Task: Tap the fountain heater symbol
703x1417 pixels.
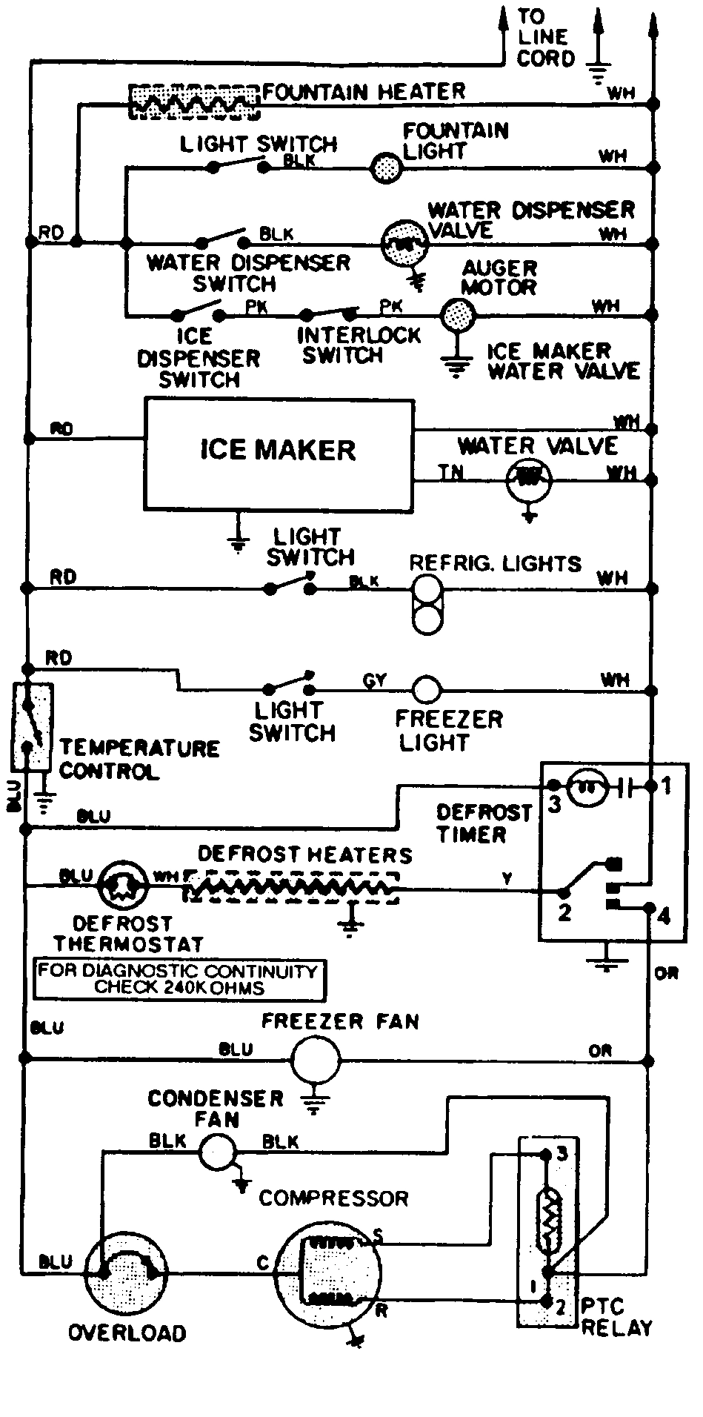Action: pos(194,102)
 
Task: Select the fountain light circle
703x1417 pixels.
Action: pos(385,167)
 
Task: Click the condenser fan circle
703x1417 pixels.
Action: pos(218,1151)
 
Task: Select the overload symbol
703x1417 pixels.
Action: pos(127,1272)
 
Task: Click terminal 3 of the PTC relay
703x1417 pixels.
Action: pos(547,1153)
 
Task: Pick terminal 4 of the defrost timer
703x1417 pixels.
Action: pos(649,907)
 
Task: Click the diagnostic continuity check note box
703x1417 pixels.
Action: pos(179,979)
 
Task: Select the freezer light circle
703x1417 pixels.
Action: pos(426,689)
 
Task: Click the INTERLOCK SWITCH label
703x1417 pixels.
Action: pos(359,345)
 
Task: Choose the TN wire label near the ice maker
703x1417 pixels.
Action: pos(450,472)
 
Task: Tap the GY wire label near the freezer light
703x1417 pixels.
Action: pos(375,680)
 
